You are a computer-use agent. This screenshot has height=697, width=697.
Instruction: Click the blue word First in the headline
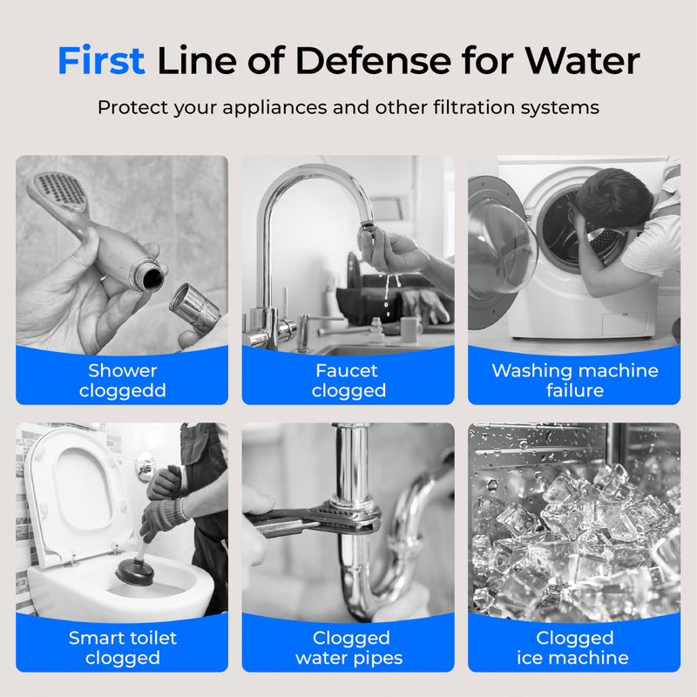click(x=101, y=60)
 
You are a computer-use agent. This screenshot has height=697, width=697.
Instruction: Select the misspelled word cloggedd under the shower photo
click(x=122, y=391)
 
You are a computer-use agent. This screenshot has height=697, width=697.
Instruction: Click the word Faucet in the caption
click(x=347, y=371)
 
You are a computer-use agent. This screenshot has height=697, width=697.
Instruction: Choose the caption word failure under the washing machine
click(x=575, y=390)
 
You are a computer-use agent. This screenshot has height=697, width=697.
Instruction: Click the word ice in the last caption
click(x=528, y=658)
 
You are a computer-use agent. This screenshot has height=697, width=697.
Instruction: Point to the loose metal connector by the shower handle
click(x=193, y=307)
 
